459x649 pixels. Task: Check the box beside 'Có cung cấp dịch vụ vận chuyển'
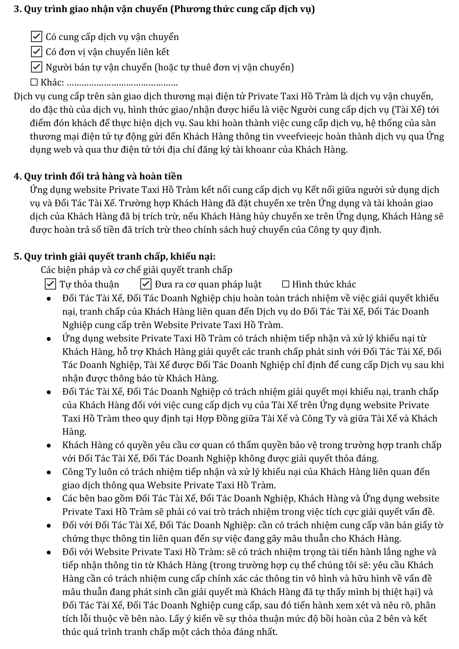pos(36,37)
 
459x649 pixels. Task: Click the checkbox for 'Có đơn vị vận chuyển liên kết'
pos(36,52)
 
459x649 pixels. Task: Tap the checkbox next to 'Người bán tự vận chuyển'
pos(36,67)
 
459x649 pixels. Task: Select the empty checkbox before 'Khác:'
pos(34,82)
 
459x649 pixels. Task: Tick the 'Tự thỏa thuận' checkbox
pos(50,284)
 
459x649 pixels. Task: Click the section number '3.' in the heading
pos(17,9)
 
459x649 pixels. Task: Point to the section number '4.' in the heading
pos(17,176)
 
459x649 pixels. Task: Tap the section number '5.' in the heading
pos(17,256)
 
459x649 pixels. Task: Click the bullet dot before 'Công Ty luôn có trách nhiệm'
pos(49,472)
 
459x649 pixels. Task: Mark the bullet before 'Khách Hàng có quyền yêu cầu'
pos(49,446)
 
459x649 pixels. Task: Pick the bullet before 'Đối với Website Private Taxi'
pos(49,552)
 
